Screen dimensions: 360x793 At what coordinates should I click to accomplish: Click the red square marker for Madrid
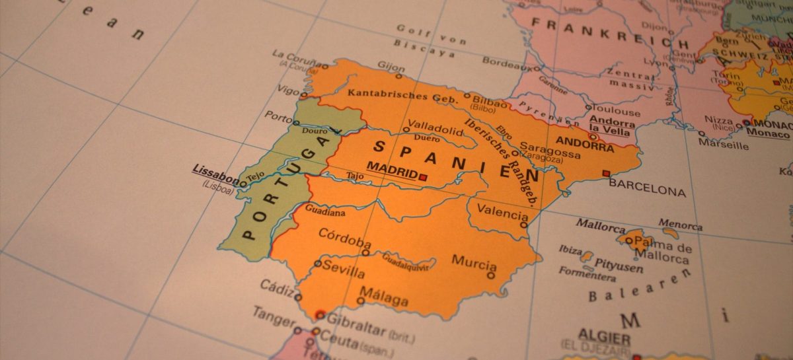point(423,177)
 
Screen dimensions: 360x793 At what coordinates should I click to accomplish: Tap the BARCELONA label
point(647,191)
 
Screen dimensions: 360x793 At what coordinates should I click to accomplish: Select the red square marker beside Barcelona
point(606,174)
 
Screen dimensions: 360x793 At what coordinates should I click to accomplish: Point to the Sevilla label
point(344,271)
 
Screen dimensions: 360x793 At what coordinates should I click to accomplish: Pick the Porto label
point(278,115)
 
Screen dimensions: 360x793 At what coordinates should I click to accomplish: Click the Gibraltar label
point(356,320)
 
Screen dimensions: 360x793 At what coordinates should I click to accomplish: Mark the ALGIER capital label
point(604,334)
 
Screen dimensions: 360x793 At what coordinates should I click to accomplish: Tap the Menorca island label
point(680,225)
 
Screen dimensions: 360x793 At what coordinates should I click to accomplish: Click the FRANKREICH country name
point(609,32)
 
